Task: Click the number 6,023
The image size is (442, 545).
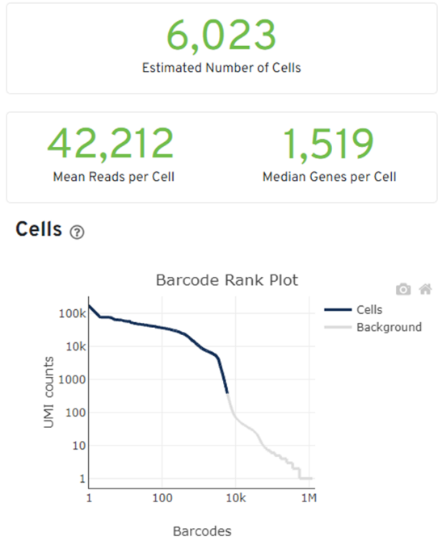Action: (221, 36)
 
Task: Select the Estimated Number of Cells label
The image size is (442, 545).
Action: (221, 68)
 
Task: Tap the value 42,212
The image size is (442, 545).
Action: (111, 144)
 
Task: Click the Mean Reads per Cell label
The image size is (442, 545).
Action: (113, 177)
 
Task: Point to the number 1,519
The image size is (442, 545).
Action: (328, 144)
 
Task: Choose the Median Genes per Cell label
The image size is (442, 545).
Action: (329, 177)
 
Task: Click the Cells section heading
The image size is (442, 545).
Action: (39, 229)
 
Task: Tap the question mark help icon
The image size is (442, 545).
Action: (77, 232)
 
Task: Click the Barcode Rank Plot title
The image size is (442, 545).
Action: (227, 280)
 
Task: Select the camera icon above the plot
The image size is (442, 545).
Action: (403, 289)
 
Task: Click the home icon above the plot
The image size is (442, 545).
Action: (425, 289)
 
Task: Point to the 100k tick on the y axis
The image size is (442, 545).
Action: (72, 313)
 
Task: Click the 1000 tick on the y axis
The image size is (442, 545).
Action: (72, 379)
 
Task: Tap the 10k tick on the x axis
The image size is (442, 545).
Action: (236, 498)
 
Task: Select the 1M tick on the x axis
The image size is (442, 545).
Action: (309, 498)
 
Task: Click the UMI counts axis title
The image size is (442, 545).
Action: (48, 392)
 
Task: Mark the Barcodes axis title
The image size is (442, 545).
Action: (202, 531)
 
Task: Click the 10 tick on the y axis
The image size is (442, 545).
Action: (79, 445)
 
